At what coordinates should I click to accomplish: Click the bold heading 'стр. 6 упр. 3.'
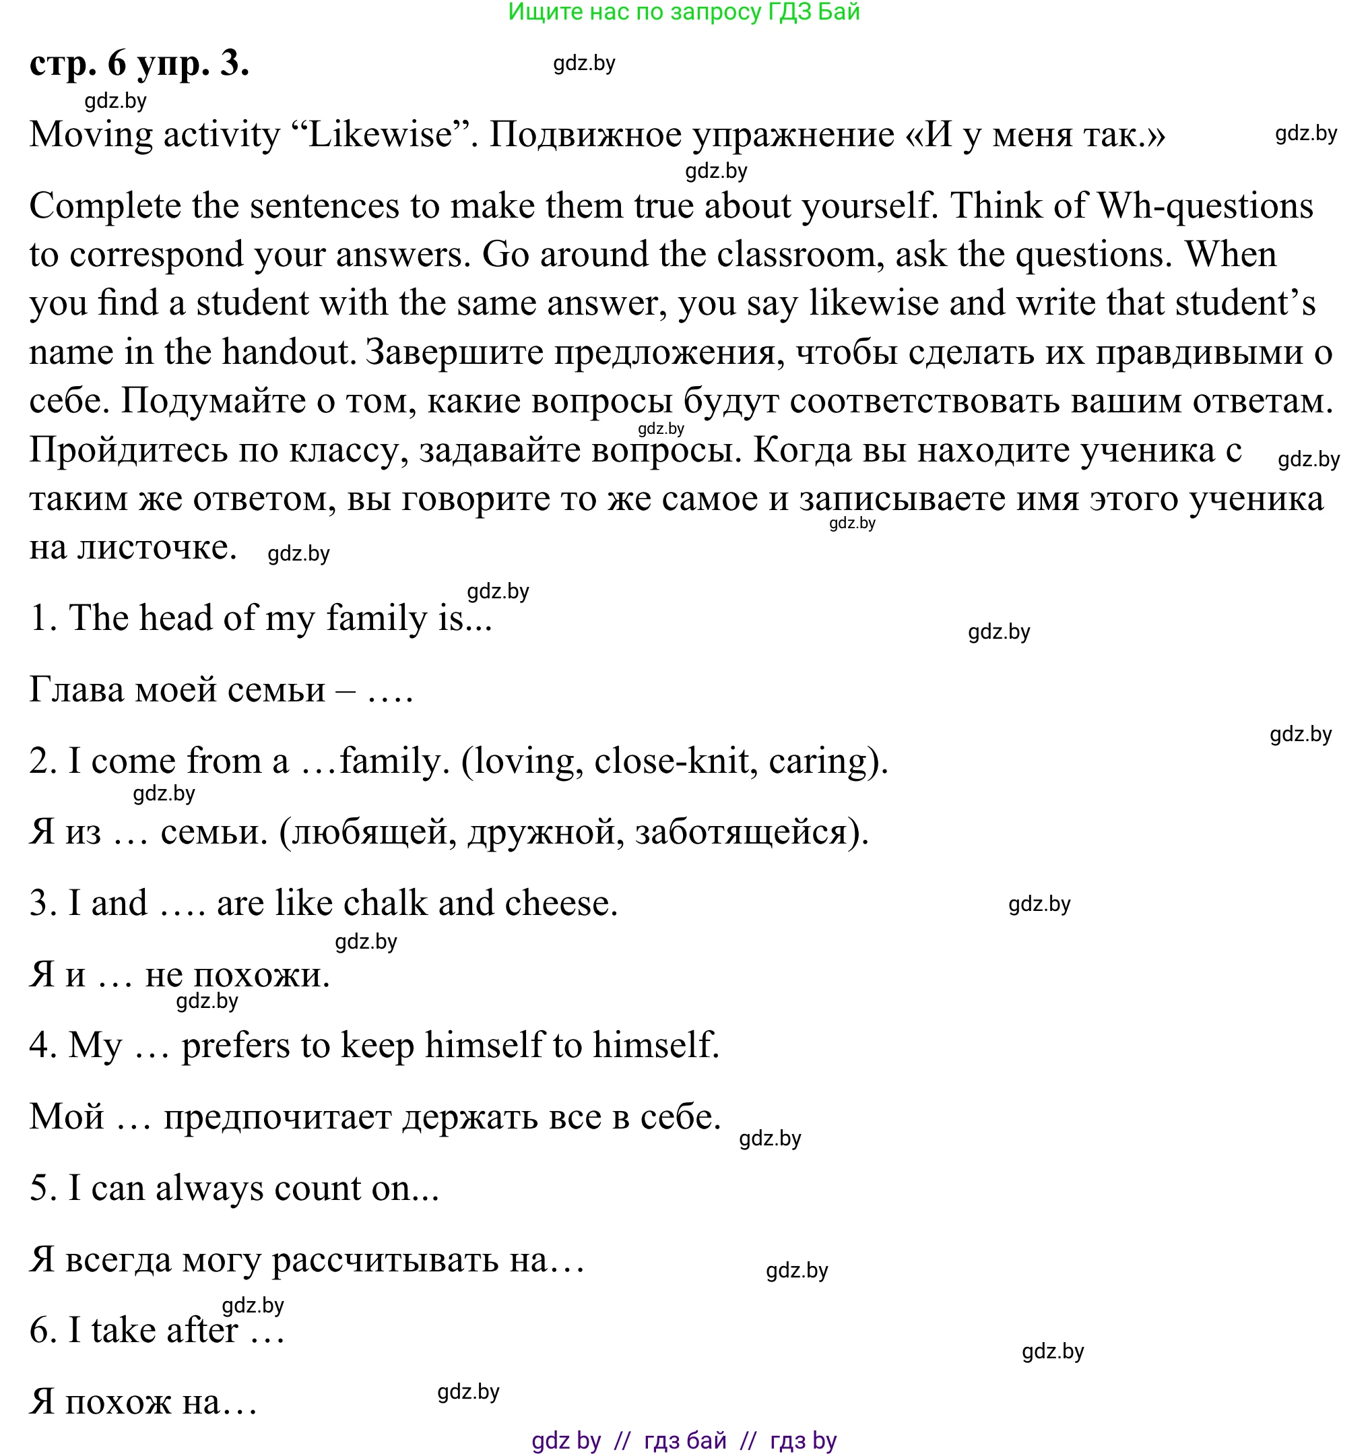tap(139, 64)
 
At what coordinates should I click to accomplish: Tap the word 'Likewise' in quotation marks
tap(381, 135)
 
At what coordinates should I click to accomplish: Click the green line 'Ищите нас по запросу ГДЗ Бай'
tap(684, 11)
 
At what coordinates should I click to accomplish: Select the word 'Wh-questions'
tap(1205, 205)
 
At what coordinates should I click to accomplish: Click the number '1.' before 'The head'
tap(43, 618)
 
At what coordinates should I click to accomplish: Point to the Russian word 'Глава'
tap(76, 690)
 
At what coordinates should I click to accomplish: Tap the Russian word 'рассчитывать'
tap(385, 1261)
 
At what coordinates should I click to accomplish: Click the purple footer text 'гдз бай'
tap(686, 1441)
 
